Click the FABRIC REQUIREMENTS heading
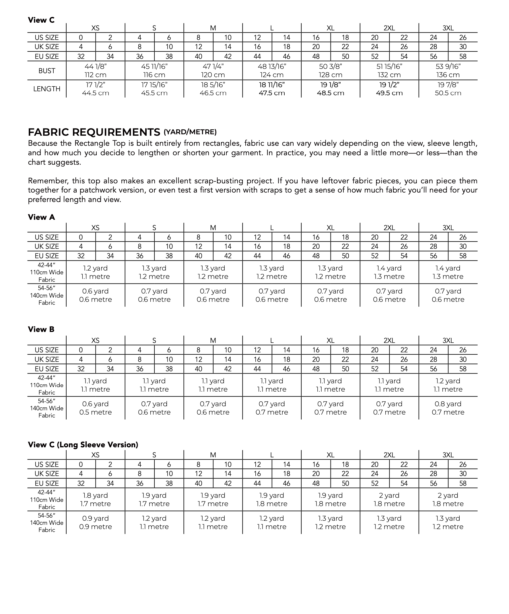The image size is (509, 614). (94, 132)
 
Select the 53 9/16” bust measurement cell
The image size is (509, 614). (448, 71)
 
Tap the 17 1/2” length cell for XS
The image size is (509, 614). (95, 89)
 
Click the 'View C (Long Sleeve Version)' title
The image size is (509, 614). (83, 444)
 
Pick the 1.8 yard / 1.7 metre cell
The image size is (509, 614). (95, 500)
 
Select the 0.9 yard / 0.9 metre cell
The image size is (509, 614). (95, 522)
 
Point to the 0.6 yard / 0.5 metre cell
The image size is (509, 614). (95, 408)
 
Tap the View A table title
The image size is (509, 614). (41, 217)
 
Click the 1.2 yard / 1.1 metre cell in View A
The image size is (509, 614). (95, 272)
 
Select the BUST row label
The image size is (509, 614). (47, 71)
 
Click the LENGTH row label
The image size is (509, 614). (47, 89)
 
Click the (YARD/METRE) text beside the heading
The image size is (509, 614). (190, 132)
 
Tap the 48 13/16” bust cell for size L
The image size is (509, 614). (272, 71)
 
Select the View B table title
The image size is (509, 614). (41, 329)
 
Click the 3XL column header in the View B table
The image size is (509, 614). (448, 340)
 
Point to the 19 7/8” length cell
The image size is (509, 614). (448, 89)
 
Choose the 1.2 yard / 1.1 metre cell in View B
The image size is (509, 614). (448, 385)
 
